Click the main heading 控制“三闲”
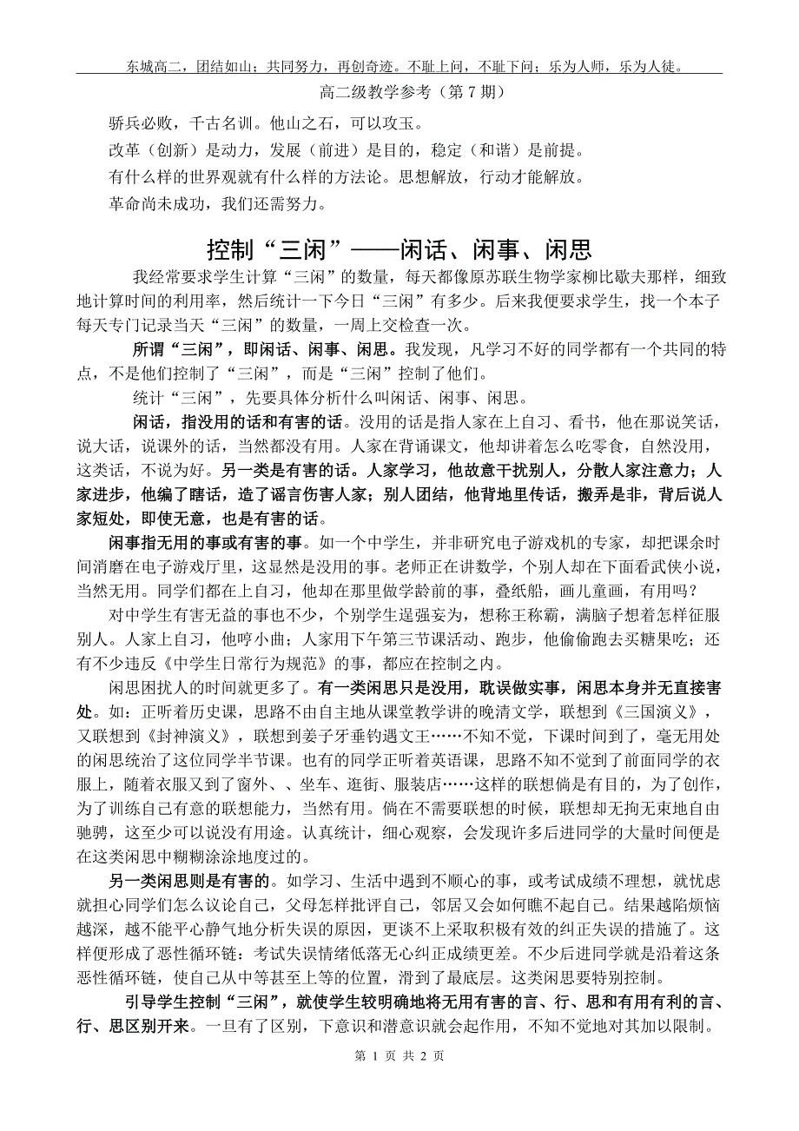[399, 251]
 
